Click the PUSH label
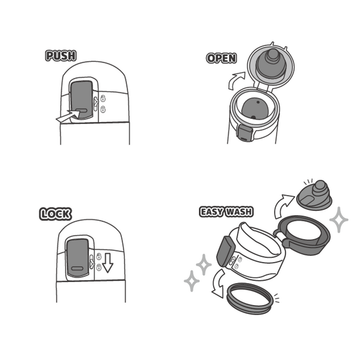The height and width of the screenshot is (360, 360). click(x=60, y=56)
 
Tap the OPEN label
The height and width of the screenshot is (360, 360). click(x=221, y=58)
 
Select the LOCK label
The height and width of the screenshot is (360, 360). click(x=55, y=214)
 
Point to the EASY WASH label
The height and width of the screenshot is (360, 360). click(x=227, y=212)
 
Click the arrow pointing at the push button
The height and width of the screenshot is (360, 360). click(x=68, y=116)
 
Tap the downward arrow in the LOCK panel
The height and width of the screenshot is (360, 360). click(x=108, y=263)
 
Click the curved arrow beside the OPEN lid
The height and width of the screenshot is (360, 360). click(x=236, y=80)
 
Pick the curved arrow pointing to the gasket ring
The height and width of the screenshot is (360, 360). click(x=218, y=284)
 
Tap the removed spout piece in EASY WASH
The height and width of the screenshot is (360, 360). click(x=314, y=196)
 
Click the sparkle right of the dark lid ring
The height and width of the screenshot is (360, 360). click(x=338, y=220)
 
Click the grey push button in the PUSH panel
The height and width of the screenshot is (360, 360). click(x=82, y=100)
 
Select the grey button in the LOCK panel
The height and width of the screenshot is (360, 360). click(x=77, y=257)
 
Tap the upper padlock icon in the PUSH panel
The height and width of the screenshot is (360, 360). click(x=103, y=98)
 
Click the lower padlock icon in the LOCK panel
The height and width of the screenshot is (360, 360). click(x=99, y=267)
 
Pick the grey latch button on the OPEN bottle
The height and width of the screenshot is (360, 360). click(x=245, y=133)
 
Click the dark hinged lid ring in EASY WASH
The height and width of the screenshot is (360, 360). click(x=303, y=235)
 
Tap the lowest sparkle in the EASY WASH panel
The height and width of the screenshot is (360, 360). click(x=192, y=281)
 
